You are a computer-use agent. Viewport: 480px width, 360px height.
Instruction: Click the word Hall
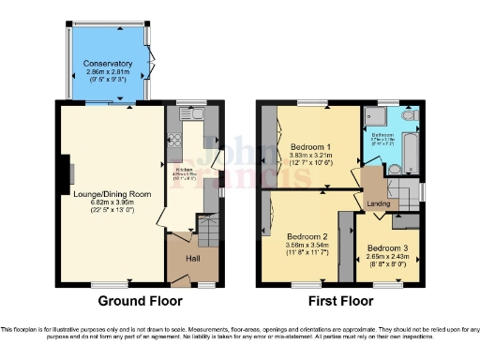point(192,257)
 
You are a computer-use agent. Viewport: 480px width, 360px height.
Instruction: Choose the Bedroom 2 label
point(306,237)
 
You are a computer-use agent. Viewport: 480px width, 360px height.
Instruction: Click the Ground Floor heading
point(140,301)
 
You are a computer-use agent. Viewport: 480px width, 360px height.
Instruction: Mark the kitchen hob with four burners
point(174,142)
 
